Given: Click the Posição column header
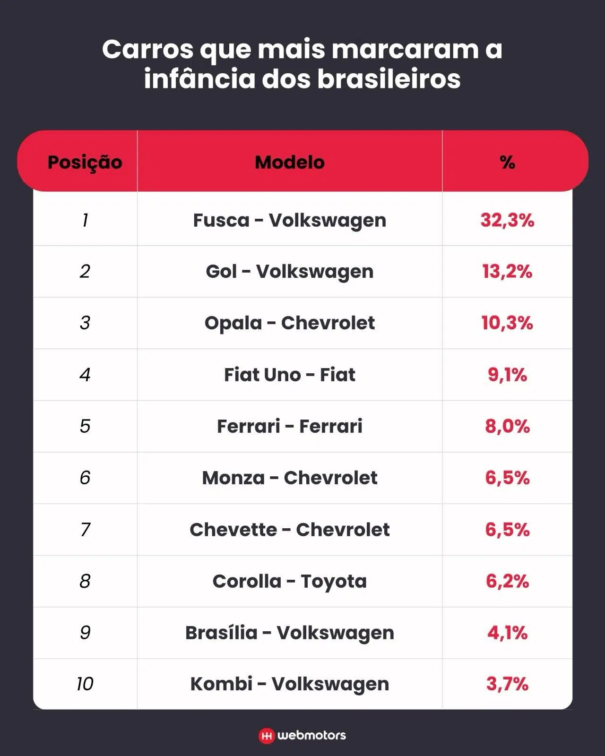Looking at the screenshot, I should [x=85, y=162].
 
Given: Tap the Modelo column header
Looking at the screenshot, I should [x=289, y=162].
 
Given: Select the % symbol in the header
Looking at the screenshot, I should [x=507, y=162].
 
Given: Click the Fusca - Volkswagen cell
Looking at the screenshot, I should [x=289, y=220].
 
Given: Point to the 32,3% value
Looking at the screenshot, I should [x=507, y=220].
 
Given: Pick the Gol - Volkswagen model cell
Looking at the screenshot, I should [x=289, y=272].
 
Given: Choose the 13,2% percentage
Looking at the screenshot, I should [x=507, y=272].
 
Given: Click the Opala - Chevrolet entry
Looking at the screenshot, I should [x=289, y=323].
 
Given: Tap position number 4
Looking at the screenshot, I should [x=85, y=375].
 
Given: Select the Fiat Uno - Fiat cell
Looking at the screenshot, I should [x=289, y=375].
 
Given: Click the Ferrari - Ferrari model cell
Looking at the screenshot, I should [x=289, y=426].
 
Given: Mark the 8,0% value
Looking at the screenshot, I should [x=507, y=426].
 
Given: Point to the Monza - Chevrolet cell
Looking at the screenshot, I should [x=289, y=478].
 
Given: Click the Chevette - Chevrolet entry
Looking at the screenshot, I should [x=289, y=530].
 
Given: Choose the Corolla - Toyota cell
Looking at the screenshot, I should [x=289, y=581].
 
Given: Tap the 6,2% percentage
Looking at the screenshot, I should [x=507, y=581].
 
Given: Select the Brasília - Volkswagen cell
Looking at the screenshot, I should [x=289, y=633].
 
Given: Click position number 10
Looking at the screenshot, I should [x=85, y=684].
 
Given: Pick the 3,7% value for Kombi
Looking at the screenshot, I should [x=507, y=684].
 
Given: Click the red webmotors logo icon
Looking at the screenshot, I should [x=267, y=736].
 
